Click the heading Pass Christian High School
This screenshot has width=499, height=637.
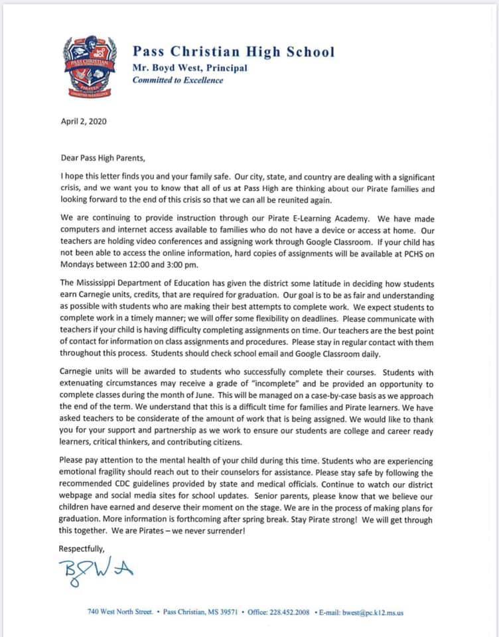(233, 52)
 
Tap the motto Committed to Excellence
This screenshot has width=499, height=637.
(178, 80)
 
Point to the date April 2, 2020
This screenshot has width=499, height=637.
(83, 122)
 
